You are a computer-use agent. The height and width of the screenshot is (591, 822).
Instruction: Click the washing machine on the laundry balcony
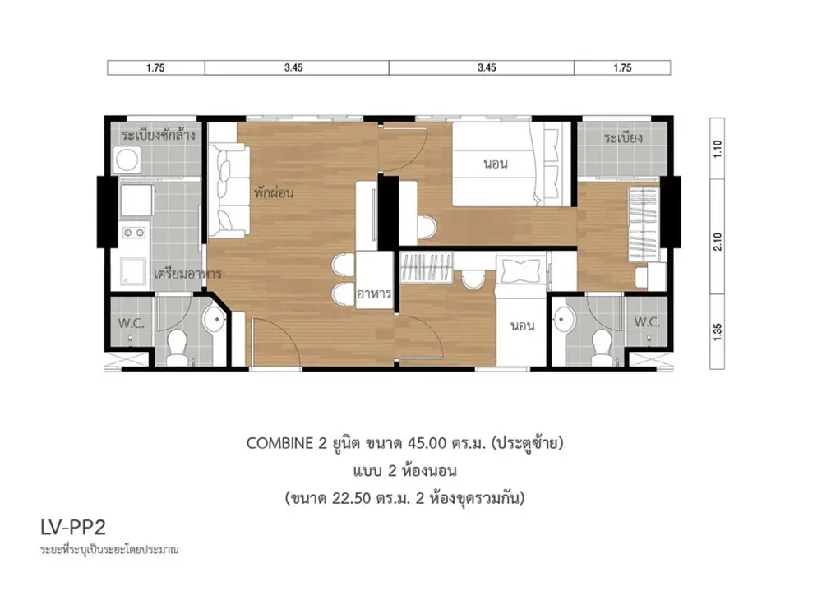pyautogui.click(x=127, y=159)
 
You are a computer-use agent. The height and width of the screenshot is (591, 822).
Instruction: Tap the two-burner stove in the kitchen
pyautogui.click(x=134, y=232)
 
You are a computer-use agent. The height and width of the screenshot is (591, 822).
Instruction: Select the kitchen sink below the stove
pyautogui.click(x=133, y=271)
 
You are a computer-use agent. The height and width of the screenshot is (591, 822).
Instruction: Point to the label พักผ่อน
pyautogui.click(x=274, y=192)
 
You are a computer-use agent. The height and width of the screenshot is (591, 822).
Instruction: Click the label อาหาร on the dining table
pyautogui.click(x=374, y=293)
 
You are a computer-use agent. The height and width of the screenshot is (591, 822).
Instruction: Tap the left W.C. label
pyautogui.click(x=131, y=323)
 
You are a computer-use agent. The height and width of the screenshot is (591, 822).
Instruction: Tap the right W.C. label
pyautogui.click(x=647, y=322)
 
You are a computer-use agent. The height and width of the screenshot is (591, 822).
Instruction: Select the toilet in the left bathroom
pyautogui.click(x=178, y=346)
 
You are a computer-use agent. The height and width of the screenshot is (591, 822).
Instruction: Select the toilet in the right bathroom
pyautogui.click(x=601, y=346)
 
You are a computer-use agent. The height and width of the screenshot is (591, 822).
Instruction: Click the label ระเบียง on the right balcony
pyautogui.click(x=623, y=138)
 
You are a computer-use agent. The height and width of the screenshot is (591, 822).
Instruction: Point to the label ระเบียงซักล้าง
pyautogui.click(x=159, y=135)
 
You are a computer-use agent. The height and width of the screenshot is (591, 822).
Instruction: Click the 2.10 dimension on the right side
pyautogui.click(x=718, y=242)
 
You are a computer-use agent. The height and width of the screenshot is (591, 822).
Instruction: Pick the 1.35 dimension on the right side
pyautogui.click(x=718, y=332)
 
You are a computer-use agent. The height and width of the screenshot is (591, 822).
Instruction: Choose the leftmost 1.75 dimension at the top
pyautogui.click(x=155, y=67)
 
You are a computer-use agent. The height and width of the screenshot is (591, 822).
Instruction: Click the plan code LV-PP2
pyautogui.click(x=73, y=527)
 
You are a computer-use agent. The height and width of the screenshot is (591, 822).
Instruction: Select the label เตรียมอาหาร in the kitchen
pyautogui.click(x=187, y=273)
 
